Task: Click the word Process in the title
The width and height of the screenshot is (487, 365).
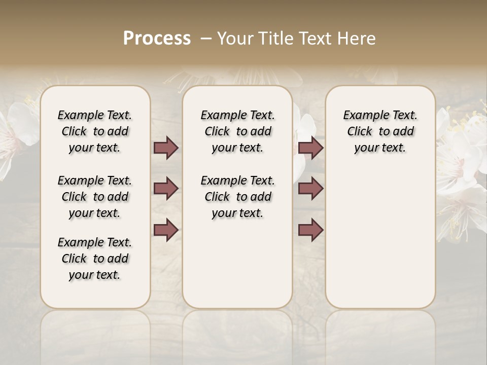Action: click(x=157, y=39)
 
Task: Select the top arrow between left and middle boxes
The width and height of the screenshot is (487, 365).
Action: click(x=166, y=148)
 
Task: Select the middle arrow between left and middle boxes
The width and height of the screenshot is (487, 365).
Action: click(x=166, y=189)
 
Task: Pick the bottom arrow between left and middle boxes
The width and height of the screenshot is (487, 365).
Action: click(x=166, y=230)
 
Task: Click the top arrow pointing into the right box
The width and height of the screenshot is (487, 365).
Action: click(x=310, y=148)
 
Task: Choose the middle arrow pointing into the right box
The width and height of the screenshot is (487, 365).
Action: click(x=310, y=189)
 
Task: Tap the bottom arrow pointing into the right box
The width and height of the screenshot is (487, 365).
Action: click(x=310, y=230)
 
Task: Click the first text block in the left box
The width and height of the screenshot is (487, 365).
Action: click(x=95, y=131)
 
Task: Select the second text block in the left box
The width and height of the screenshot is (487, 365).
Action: click(x=95, y=197)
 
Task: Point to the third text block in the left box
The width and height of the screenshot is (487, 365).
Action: click(x=95, y=259)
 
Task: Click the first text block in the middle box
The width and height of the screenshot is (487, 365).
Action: click(x=237, y=131)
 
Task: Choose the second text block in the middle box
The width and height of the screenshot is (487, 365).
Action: click(x=237, y=197)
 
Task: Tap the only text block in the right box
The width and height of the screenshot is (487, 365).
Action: click(x=380, y=131)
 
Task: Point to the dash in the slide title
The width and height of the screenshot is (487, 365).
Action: click(x=206, y=39)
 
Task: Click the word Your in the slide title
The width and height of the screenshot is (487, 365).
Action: click(x=232, y=39)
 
